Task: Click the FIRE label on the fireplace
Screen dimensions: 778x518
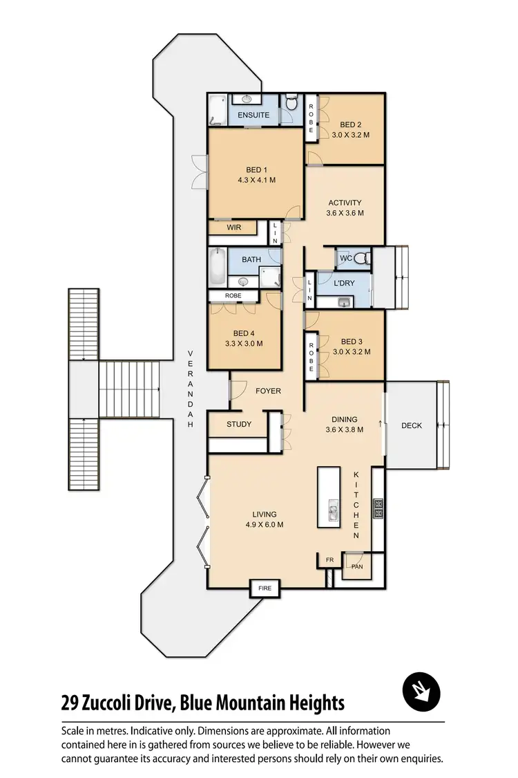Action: click(x=265, y=589)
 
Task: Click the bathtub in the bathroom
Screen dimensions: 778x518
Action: click(x=218, y=268)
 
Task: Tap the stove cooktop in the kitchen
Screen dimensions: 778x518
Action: click(x=378, y=508)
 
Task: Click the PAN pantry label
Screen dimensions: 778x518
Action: click(x=357, y=567)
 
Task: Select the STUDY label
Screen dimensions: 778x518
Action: click(x=239, y=424)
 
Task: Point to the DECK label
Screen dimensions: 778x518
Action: click(x=412, y=425)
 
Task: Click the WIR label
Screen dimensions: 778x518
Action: click(x=233, y=227)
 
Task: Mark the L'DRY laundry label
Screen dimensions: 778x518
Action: click(x=344, y=284)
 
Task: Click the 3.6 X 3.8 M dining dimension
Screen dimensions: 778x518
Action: click(x=344, y=429)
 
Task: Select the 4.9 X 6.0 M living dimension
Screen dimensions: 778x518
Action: click(x=265, y=524)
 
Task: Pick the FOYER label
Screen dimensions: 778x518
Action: click(x=268, y=391)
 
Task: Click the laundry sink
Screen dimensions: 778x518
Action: click(x=345, y=302)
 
